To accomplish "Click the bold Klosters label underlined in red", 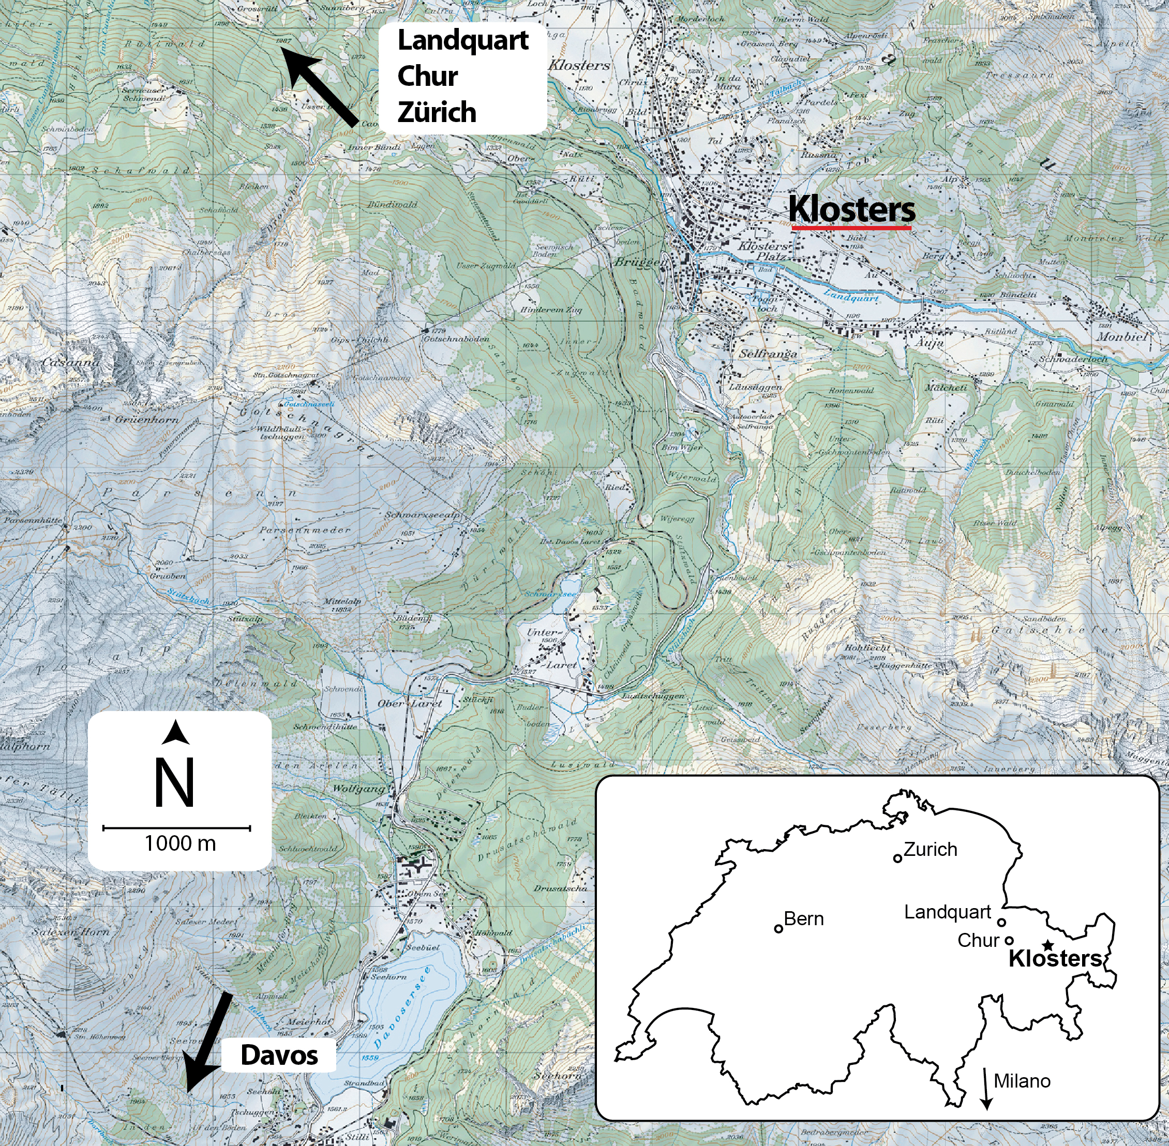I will coord(851,209).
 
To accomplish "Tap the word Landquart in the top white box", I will coord(463,40).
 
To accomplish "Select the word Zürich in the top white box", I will coord(437,113).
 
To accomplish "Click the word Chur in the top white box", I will coord(427,77).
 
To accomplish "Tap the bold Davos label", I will coord(279,1055).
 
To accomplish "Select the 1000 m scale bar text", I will coord(179,843).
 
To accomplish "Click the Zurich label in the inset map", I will coord(930,849).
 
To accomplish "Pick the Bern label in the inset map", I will coord(804,918).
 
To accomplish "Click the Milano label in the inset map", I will coord(1022,1081).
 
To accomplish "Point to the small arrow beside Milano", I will coord(986,1088).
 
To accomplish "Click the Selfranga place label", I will coord(768,354).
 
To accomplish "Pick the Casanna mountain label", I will coord(70,363).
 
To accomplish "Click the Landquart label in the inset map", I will coord(948,912).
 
